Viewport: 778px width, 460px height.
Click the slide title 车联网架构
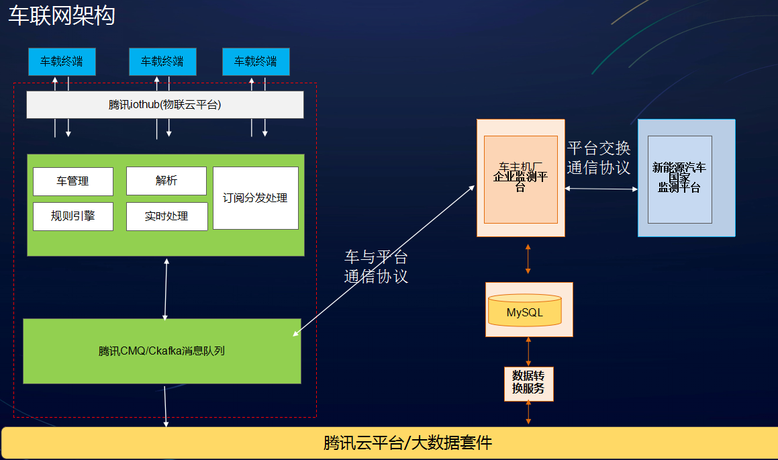(62, 15)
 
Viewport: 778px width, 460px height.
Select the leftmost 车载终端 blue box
(62, 62)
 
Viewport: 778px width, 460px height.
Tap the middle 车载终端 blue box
(162, 62)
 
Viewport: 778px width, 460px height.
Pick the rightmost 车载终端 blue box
(256, 62)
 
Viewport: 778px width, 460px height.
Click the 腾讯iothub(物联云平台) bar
(165, 105)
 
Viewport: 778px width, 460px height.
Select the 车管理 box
(72, 181)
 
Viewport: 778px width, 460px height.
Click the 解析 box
(166, 181)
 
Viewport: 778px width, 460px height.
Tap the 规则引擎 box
(72, 216)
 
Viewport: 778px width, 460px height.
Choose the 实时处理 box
(166, 216)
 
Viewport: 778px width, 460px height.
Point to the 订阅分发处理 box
(255, 198)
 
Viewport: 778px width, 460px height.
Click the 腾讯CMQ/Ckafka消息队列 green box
(162, 351)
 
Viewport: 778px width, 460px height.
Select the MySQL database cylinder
(524, 310)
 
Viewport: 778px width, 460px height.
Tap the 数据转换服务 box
(528, 383)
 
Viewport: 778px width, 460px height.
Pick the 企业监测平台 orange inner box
(520, 179)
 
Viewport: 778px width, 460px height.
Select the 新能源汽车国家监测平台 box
(679, 179)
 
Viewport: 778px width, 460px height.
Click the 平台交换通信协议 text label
(598, 158)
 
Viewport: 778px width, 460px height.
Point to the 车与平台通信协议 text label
(376, 267)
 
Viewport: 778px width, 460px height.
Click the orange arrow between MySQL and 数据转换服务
(529, 351)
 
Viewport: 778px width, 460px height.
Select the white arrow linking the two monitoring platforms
(601, 189)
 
